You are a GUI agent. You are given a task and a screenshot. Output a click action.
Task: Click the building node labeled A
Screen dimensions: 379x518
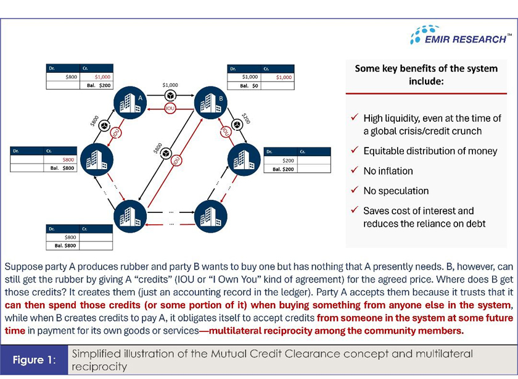click(x=130, y=103)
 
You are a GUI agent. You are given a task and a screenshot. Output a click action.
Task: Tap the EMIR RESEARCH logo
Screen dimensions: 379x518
click(x=460, y=36)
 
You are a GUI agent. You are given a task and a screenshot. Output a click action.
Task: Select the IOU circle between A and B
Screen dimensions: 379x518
click(x=170, y=108)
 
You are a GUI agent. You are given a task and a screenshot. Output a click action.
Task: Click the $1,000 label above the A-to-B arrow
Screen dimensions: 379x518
click(x=170, y=84)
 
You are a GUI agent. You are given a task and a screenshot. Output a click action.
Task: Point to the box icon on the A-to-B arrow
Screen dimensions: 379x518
click(x=170, y=96)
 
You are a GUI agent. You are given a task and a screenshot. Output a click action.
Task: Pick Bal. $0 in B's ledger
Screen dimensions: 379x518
click(x=249, y=85)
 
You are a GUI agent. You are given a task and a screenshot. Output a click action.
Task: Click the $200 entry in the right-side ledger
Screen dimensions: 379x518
click(x=287, y=160)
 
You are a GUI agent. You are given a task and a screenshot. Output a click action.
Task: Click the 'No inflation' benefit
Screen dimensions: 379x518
click(x=388, y=170)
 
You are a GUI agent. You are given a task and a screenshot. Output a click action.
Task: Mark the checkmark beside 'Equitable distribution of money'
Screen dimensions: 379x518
click(x=354, y=151)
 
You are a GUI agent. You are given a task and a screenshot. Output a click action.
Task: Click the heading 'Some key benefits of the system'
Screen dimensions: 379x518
click(x=426, y=75)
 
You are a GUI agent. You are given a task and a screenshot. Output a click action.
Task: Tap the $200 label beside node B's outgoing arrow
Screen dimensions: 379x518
click(x=245, y=119)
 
